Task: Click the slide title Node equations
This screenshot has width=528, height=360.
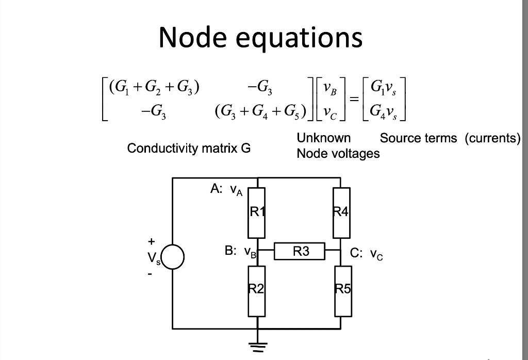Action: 260,37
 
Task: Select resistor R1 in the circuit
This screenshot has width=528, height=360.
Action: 257,212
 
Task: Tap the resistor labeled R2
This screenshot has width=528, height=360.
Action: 257,290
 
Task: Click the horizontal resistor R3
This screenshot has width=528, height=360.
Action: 300,252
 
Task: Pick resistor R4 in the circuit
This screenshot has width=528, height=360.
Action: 341,212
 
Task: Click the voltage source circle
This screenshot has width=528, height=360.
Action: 173,257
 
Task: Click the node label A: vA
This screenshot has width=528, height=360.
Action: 225,190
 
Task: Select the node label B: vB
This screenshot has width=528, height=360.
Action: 240,252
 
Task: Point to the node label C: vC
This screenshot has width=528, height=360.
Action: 366,254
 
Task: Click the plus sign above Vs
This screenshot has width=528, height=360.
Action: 151,241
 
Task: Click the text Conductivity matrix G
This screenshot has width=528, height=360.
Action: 189,149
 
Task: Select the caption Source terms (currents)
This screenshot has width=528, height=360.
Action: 450,138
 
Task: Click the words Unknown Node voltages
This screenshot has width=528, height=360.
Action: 337,146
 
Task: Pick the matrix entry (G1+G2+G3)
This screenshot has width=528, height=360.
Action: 154,86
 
